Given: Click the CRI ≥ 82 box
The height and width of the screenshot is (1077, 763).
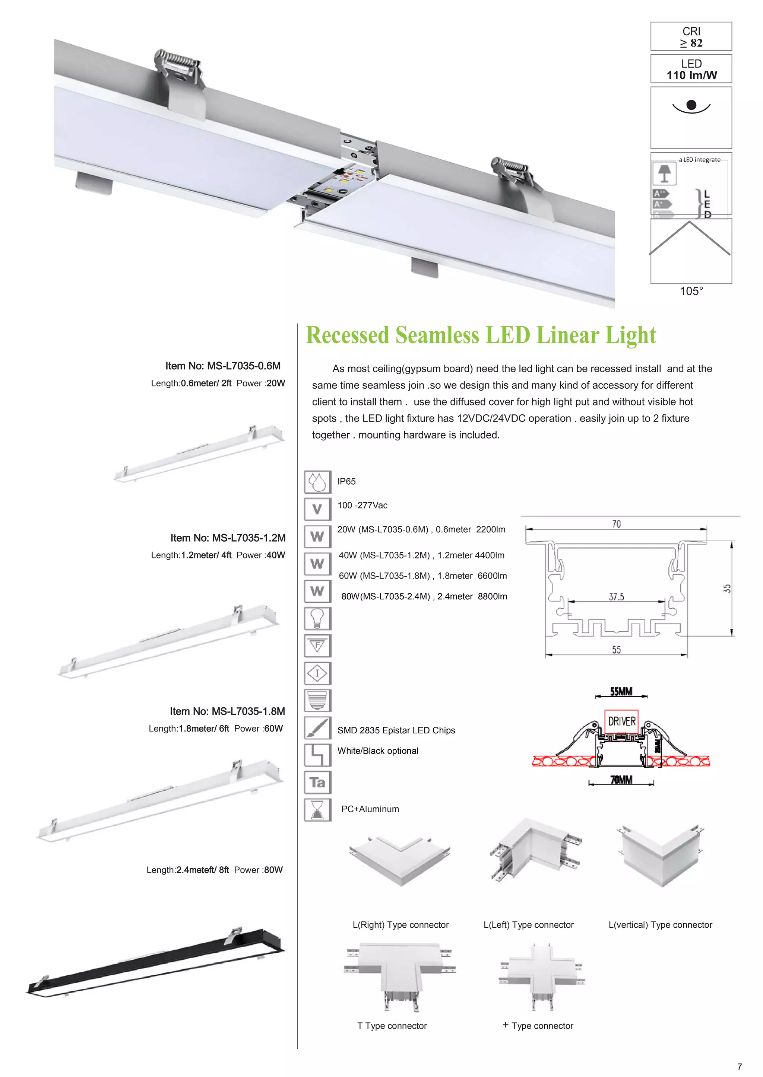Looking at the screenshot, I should click(x=691, y=36).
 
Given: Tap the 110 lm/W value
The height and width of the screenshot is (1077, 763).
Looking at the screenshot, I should click(x=691, y=76).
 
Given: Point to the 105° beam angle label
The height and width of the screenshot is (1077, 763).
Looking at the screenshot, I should click(x=691, y=291).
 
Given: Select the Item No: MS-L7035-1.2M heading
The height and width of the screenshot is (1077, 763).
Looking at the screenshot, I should click(x=228, y=538).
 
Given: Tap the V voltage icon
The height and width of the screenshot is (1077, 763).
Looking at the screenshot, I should click(x=317, y=509).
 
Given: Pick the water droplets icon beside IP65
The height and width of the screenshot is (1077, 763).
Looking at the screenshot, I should click(x=317, y=482).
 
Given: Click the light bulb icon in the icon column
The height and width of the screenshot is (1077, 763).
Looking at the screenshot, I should click(x=317, y=618).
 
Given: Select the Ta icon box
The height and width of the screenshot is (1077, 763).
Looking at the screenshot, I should click(x=317, y=783).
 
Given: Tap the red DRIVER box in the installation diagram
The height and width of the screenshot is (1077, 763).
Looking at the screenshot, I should click(x=621, y=721).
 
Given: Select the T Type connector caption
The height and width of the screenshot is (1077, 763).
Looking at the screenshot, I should click(x=392, y=1026).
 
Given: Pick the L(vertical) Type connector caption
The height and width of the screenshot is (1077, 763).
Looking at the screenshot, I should click(x=660, y=925).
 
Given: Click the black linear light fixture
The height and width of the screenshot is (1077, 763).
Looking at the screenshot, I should click(x=155, y=962).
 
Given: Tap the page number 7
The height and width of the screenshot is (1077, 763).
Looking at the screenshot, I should click(x=740, y=1067).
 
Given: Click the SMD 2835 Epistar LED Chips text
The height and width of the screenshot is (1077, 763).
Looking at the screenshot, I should click(x=396, y=730).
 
